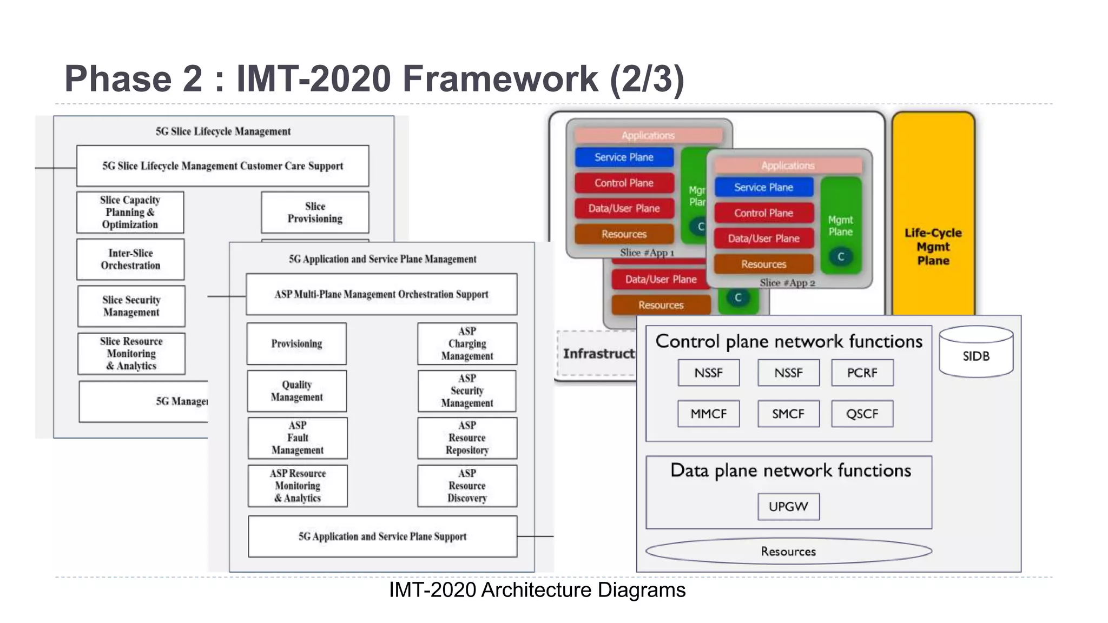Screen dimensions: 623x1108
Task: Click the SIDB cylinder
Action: coord(976,352)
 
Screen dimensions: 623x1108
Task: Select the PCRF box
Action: coord(862,373)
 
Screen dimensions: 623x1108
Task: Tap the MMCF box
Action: coord(708,414)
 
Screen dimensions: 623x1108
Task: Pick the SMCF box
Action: coord(788,414)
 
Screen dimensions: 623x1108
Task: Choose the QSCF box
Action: coord(862,414)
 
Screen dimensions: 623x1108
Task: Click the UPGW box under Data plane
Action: coord(788,507)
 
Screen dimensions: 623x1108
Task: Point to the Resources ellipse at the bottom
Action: coord(788,551)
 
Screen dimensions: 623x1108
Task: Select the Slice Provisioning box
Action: coord(315,213)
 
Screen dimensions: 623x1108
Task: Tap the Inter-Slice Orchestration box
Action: coord(130,260)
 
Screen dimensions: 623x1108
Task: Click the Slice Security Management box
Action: coord(131,306)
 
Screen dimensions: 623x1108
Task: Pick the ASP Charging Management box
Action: coord(467,343)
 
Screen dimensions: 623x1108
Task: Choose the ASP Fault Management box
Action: coord(298,438)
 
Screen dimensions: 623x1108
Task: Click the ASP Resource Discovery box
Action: coord(467,486)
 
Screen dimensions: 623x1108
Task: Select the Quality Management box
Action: coord(296,391)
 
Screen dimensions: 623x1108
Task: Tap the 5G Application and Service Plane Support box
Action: coord(382,536)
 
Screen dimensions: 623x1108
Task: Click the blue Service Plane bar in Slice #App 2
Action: coord(763,187)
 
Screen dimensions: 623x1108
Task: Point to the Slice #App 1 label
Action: coord(647,253)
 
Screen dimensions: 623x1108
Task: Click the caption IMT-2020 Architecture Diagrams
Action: coord(537,590)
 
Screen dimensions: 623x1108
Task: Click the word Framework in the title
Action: coord(500,79)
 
